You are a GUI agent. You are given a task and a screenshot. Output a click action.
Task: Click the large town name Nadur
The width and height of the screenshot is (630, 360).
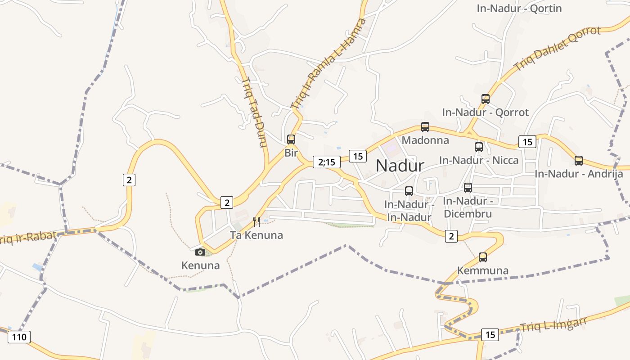[x=400, y=166]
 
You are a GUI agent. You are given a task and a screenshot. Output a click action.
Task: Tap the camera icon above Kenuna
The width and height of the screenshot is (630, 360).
[x=200, y=252]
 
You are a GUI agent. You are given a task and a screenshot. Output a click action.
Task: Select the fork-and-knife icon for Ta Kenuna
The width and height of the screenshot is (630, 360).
[x=256, y=221]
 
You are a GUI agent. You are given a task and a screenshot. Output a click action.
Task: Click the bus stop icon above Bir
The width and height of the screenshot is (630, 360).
[x=291, y=139]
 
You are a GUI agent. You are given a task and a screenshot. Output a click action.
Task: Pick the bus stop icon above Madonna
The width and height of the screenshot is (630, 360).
[x=425, y=127]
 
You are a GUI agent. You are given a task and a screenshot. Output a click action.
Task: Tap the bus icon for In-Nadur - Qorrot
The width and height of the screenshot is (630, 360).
[x=485, y=99]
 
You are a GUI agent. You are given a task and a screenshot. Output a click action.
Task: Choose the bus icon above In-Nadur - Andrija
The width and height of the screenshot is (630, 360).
[x=579, y=160]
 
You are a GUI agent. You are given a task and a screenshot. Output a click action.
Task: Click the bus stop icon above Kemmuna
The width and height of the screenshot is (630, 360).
[x=483, y=257]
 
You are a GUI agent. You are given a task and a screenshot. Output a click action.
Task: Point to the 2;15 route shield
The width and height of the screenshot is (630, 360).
[x=327, y=162]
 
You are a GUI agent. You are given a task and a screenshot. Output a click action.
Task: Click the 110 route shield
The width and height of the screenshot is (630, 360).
[x=19, y=337]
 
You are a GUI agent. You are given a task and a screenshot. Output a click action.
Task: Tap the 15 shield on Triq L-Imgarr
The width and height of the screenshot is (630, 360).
[x=490, y=335]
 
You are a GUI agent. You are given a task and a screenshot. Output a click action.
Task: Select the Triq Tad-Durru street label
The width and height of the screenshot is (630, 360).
[x=255, y=112]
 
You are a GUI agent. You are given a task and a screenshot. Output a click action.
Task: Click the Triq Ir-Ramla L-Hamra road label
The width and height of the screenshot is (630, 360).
[x=328, y=63]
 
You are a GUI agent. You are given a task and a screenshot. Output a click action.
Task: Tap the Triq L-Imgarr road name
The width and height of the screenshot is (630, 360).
[x=553, y=325]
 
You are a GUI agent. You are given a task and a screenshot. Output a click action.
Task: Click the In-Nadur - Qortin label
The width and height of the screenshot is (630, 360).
[x=519, y=9]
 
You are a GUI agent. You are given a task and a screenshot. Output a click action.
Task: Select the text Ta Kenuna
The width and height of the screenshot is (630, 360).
[x=256, y=235]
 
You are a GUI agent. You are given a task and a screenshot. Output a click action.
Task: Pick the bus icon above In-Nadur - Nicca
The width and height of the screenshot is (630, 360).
[x=479, y=147]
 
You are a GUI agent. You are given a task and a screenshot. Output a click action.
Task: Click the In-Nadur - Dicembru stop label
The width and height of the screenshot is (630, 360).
[x=468, y=207]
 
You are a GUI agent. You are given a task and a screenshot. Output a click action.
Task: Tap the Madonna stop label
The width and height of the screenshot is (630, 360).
[x=425, y=140]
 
